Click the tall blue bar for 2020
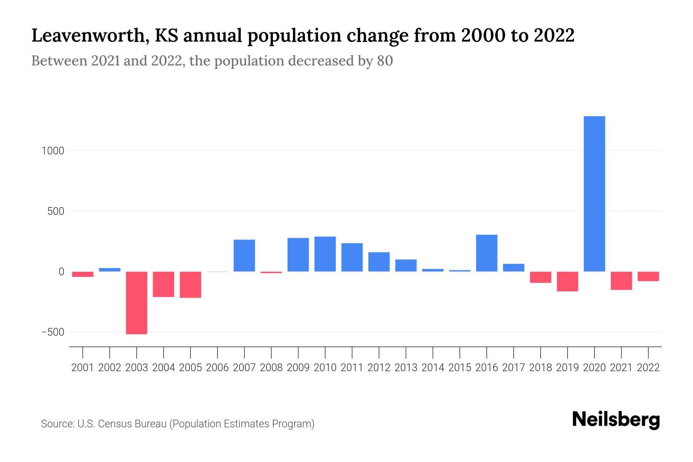(594, 194)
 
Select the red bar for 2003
(137, 303)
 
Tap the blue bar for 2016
(487, 253)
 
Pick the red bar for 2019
(567, 281)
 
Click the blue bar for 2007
(244, 256)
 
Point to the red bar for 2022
(648, 276)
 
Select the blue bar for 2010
(325, 254)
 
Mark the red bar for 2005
(191, 285)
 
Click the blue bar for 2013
(406, 265)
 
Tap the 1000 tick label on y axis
(53, 151)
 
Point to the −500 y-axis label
(53, 332)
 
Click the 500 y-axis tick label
(56, 211)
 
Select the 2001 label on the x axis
(83, 368)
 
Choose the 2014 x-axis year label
(433, 368)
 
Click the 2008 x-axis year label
(271, 368)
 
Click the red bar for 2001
(83, 274)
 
